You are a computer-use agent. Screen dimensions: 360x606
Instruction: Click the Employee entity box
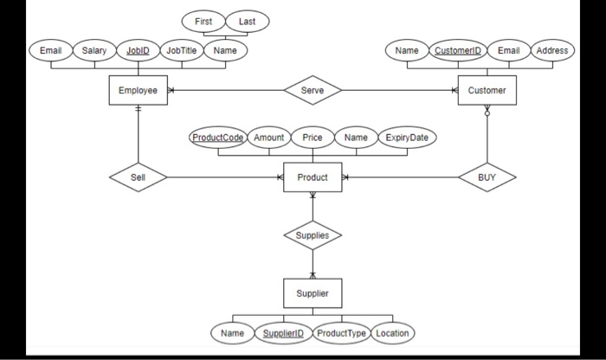138,90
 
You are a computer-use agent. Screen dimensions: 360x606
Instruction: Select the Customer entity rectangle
487,90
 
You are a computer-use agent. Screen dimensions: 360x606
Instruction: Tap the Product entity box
313,177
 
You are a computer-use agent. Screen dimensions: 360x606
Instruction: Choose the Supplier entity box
313,292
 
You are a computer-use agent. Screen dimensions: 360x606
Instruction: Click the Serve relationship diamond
313,90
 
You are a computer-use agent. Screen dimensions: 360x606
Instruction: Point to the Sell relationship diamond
139,177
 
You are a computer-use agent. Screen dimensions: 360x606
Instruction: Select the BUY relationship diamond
487,177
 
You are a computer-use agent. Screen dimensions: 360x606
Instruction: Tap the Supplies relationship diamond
313,235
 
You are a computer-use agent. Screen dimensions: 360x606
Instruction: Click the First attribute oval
203,21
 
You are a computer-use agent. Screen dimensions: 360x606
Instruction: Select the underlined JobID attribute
138,50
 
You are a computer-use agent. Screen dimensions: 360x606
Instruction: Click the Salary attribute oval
93,50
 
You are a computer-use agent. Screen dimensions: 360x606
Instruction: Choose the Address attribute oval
551,50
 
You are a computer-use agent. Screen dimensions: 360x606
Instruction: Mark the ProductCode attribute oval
218,138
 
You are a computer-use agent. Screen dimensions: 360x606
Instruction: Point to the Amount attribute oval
269,138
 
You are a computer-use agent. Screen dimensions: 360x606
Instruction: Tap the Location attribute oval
393,333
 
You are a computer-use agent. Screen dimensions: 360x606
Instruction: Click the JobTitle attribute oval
181,50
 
